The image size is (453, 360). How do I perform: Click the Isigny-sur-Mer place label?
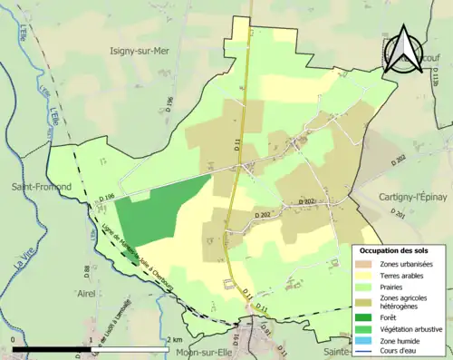point(147,52)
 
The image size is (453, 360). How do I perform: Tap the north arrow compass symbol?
point(404,51)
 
